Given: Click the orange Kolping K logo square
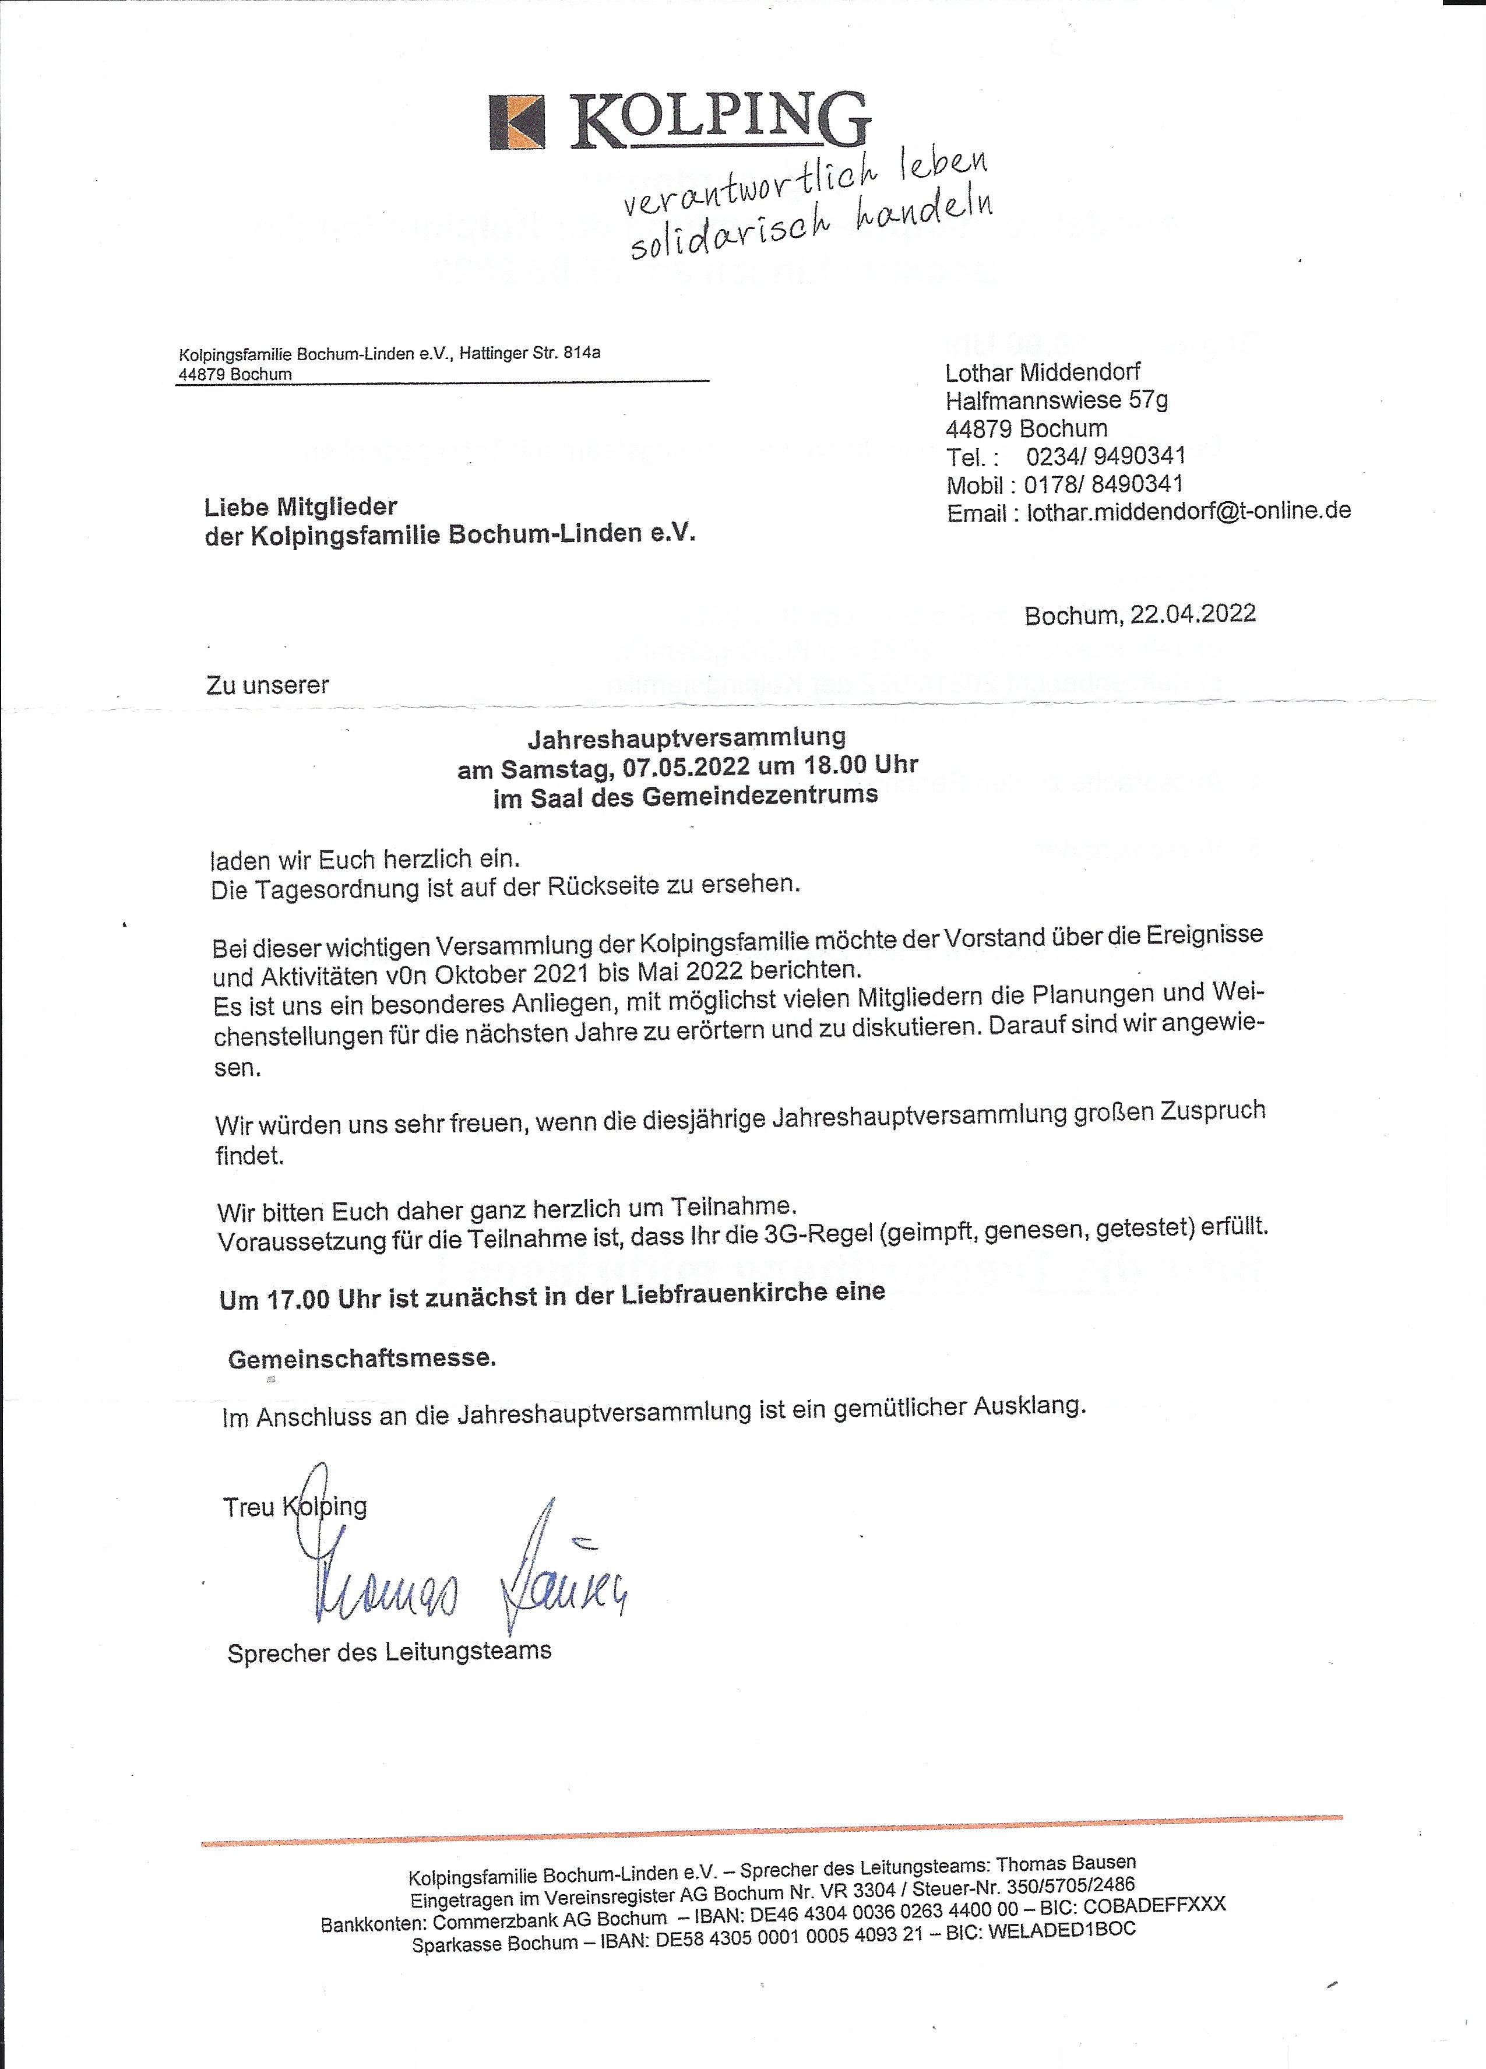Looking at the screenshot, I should point(518,121).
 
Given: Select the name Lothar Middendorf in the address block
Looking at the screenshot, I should point(1042,372).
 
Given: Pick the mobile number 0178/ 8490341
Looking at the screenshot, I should point(1103,484).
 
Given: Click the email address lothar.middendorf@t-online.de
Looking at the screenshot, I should point(1188,512).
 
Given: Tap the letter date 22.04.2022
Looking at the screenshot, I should point(1192,614).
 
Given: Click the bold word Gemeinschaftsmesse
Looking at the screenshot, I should point(361,1359).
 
